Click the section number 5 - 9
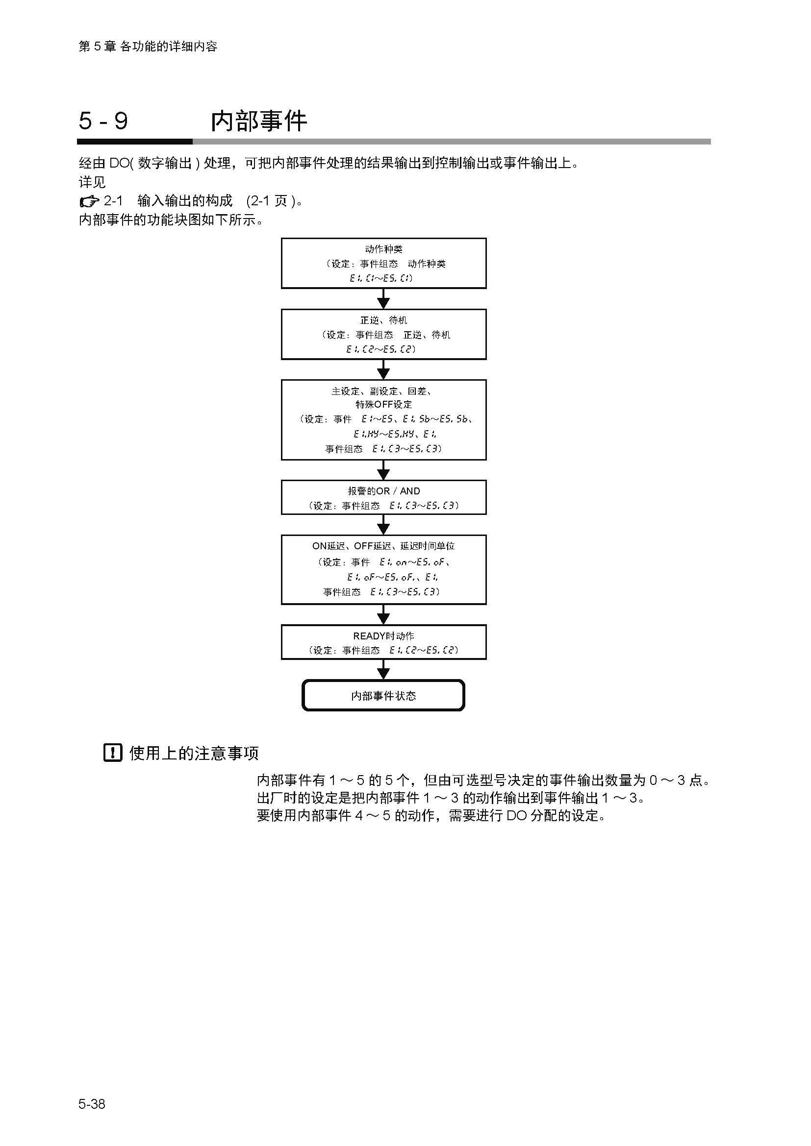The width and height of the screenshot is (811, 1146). tap(103, 121)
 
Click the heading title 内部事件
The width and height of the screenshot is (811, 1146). tap(258, 121)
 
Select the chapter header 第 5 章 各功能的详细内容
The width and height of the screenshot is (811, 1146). tap(148, 47)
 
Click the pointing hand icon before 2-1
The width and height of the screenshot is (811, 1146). tap(89, 202)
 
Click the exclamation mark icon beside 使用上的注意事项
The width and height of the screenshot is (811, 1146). tap(113, 752)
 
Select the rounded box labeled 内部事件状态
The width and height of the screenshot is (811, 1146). tap(383, 695)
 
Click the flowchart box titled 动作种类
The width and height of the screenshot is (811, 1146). tap(383, 263)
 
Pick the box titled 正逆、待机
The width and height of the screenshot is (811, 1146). tap(383, 334)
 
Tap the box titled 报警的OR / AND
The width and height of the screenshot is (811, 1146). tap(383, 497)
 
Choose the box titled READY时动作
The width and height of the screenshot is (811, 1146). tap(383, 642)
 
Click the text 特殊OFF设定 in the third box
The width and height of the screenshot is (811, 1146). tap(383, 404)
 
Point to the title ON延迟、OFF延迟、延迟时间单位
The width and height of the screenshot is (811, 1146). tap(383, 546)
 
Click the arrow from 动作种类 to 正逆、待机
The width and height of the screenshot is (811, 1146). tap(383, 299)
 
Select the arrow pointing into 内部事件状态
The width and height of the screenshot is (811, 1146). tap(383, 669)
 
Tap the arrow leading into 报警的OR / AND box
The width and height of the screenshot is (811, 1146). tap(383, 470)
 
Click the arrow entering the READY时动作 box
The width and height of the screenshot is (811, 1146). tap(383, 614)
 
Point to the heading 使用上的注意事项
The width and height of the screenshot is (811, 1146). tap(194, 753)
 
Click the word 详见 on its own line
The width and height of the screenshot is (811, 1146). tap(92, 182)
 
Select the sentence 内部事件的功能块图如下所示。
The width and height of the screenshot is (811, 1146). tap(171, 219)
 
